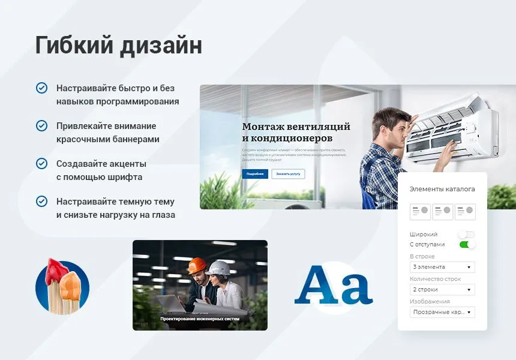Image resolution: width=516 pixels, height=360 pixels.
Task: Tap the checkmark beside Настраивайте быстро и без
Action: pos(41,88)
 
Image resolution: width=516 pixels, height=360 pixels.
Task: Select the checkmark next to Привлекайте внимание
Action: pos(41,125)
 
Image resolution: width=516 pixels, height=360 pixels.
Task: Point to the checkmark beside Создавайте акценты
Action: pos(41,163)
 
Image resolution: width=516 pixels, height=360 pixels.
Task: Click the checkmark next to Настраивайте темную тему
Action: pos(41,201)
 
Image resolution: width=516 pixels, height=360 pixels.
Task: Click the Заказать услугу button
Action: pos(288,174)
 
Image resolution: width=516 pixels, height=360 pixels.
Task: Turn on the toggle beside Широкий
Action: pos(467,235)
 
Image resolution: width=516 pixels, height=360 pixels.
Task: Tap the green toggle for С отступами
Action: pos(467,245)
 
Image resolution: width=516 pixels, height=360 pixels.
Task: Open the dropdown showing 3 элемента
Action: pos(442,267)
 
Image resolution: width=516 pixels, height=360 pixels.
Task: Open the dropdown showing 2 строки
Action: pos(442,290)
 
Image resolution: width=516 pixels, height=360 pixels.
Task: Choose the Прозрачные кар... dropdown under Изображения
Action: pos(442,313)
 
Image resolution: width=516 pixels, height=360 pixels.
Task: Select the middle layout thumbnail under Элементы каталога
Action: pos(443,212)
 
